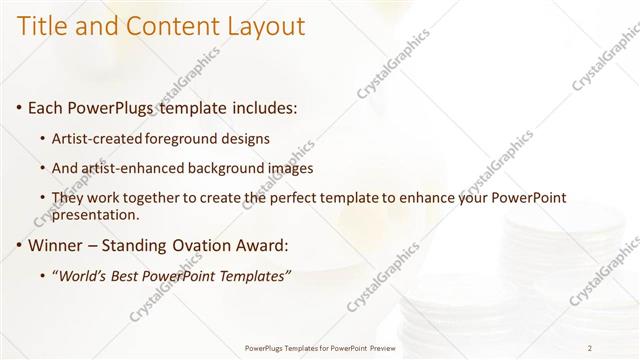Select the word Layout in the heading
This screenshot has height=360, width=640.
(x=264, y=27)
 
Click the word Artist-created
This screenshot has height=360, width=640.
(x=97, y=138)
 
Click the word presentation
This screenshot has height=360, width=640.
(x=96, y=215)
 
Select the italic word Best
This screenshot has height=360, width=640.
(x=130, y=277)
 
